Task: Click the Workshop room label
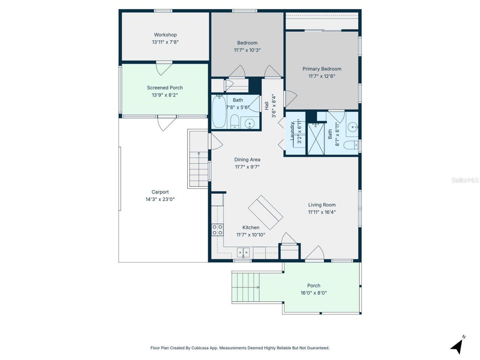[x=165, y=35]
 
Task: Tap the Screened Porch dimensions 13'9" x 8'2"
[x=165, y=95]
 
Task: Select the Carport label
[x=160, y=192]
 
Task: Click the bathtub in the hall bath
[x=219, y=112]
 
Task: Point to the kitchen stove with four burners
[x=217, y=230]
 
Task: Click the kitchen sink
[x=243, y=252]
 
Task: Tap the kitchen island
[x=265, y=212]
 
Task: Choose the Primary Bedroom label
[x=322, y=69]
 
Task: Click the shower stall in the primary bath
[x=316, y=139]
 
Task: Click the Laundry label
[x=292, y=131]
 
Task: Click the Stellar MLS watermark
[x=465, y=180]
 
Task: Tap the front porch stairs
[x=246, y=287]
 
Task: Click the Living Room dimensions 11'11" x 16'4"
[x=322, y=212]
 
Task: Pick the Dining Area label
[x=247, y=160]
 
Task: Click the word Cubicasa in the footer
[x=200, y=348]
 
